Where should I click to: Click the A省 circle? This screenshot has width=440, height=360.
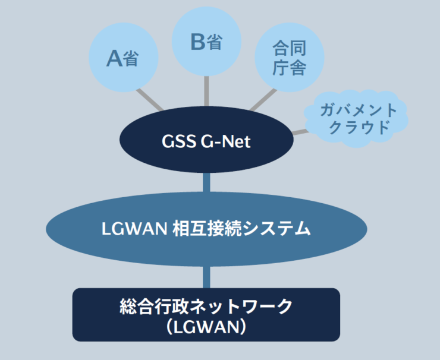click(x=122, y=58)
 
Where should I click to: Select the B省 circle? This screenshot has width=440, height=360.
click(x=206, y=42)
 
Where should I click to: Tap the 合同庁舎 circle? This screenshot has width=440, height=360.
click(x=289, y=58)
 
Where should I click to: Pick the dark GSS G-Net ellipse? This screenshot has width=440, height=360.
click(x=206, y=141)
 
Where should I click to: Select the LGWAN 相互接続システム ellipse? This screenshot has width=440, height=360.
click(x=206, y=227)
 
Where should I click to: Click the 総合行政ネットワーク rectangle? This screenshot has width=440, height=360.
click(x=206, y=315)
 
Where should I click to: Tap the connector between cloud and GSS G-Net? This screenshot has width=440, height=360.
click(x=301, y=131)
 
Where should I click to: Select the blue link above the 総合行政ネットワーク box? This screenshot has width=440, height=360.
click(x=206, y=276)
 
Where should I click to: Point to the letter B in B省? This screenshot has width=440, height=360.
click(x=199, y=42)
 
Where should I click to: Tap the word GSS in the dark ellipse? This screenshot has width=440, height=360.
click(x=177, y=142)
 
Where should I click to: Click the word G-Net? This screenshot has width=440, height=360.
click(x=226, y=142)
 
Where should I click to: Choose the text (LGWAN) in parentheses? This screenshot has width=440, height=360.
click(x=206, y=326)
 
